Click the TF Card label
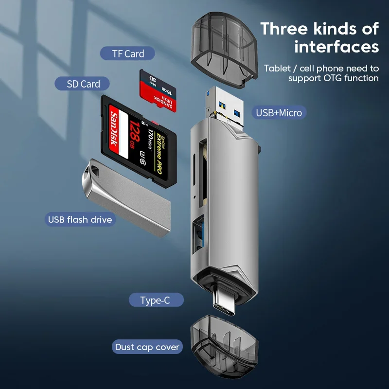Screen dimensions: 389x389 [128, 53]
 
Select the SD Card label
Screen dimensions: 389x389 [84, 84]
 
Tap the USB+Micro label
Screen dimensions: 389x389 [279, 113]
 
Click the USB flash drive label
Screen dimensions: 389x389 [80, 219]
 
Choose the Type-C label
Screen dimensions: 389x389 [155, 301]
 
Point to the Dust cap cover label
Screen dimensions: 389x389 [147, 347]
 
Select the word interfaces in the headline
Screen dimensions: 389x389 [336, 47]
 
